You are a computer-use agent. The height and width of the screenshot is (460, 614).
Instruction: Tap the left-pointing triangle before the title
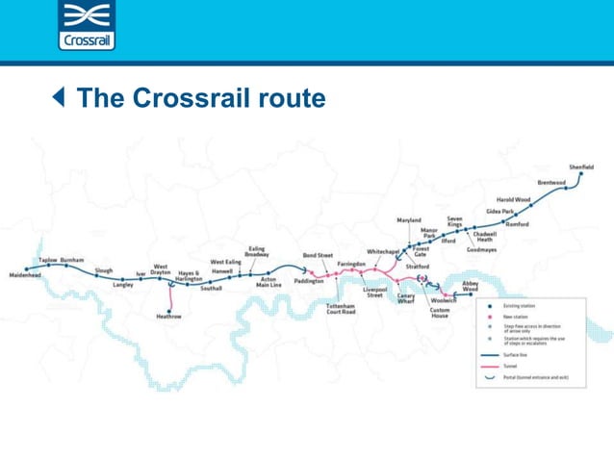60,97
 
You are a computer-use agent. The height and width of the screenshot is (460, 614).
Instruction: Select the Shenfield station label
581,166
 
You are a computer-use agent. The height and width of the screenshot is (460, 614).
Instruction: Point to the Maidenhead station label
25,275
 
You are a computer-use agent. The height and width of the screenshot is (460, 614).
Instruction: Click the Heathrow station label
169,316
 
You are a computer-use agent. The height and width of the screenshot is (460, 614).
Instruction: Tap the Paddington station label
309,281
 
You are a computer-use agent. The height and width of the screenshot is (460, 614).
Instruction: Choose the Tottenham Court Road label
341,309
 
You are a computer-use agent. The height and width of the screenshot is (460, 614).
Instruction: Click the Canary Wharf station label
406,299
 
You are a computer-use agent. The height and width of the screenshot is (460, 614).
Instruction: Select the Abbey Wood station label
470,286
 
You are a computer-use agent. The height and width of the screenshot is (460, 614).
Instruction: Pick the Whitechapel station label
383,251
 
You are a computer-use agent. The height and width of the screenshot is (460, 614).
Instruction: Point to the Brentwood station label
551,183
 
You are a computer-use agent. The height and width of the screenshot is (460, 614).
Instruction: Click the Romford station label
517,224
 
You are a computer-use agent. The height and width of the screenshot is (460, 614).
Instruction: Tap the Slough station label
104,270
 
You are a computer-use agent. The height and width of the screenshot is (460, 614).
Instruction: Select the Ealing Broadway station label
257,252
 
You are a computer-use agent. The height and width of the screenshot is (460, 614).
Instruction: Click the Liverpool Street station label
374,292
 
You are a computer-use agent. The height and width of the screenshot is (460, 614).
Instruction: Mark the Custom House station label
440,314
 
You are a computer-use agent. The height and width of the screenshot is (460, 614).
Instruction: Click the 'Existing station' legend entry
520,306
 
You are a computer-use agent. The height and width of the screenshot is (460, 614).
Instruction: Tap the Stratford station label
418,267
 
